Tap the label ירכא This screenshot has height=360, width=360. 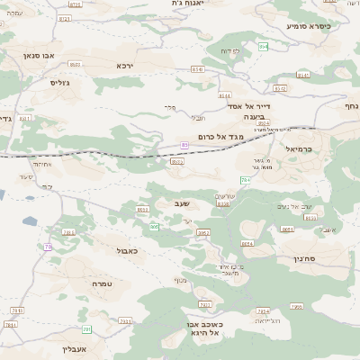125,66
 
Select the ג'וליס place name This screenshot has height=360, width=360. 60,82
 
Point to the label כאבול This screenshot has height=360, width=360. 127,251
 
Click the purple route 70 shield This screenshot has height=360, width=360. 48,247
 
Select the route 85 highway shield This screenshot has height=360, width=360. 184,144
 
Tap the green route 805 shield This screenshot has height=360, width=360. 154,227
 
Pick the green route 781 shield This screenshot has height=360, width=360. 86,330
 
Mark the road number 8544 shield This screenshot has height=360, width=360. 224,94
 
